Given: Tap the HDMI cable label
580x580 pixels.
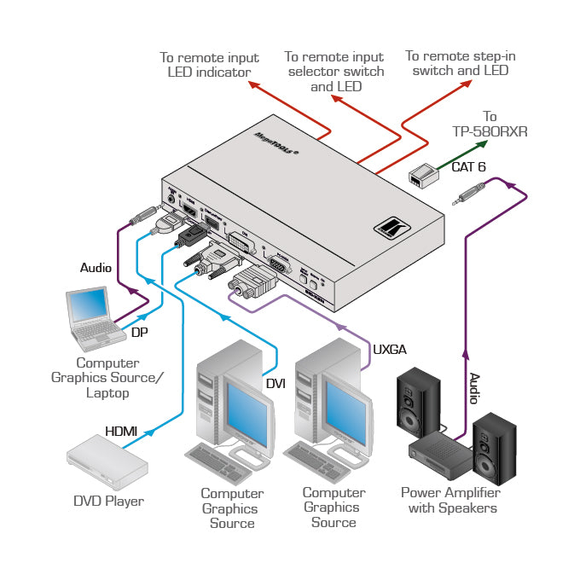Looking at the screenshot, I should (x=120, y=432).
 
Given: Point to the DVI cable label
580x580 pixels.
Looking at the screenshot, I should (x=275, y=384).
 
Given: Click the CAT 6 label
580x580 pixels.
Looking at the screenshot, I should (x=468, y=167).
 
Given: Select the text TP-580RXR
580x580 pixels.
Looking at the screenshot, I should (x=490, y=131).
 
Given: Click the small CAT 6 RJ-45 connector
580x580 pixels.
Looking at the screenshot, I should (x=422, y=177).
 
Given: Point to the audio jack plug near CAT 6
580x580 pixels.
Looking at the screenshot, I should (x=467, y=200).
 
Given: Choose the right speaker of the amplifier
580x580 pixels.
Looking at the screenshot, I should (x=495, y=444).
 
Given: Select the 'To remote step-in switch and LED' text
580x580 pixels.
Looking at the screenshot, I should (x=461, y=63).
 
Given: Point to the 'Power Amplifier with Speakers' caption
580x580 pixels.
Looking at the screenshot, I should (x=450, y=501).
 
